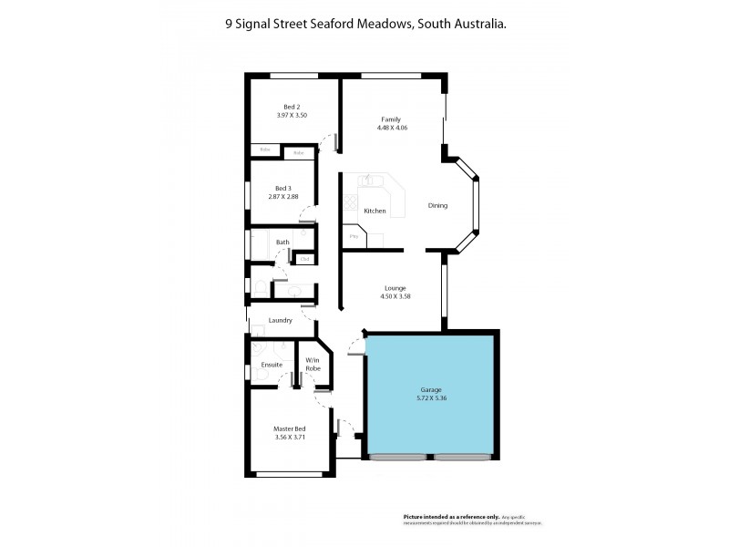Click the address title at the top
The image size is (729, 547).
pyautogui.click(x=365, y=26)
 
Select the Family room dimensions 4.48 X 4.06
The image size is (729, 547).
pyautogui.click(x=391, y=128)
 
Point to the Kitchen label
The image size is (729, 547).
pyautogui.click(x=375, y=211)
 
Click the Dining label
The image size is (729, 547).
pyautogui.click(x=438, y=205)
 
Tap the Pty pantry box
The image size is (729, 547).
pyautogui.click(x=354, y=237)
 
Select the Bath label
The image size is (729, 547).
pyautogui.click(x=282, y=242)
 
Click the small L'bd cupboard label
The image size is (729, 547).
pyautogui.click(x=304, y=259)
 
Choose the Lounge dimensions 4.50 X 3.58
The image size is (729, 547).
pyautogui.click(x=395, y=296)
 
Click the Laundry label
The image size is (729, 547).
pyautogui.click(x=280, y=320)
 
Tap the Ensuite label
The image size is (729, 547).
pyautogui.click(x=272, y=365)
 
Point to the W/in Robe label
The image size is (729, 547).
pyautogui.click(x=313, y=364)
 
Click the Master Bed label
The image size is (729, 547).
pyautogui.click(x=290, y=428)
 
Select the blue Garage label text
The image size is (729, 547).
pyautogui.click(x=430, y=389)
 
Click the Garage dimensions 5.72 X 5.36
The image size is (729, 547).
pyautogui.click(x=430, y=397)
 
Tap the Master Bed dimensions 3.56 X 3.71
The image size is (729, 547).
pyautogui.click(x=290, y=437)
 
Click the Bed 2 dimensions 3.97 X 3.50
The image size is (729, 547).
pyautogui.click(x=292, y=116)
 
